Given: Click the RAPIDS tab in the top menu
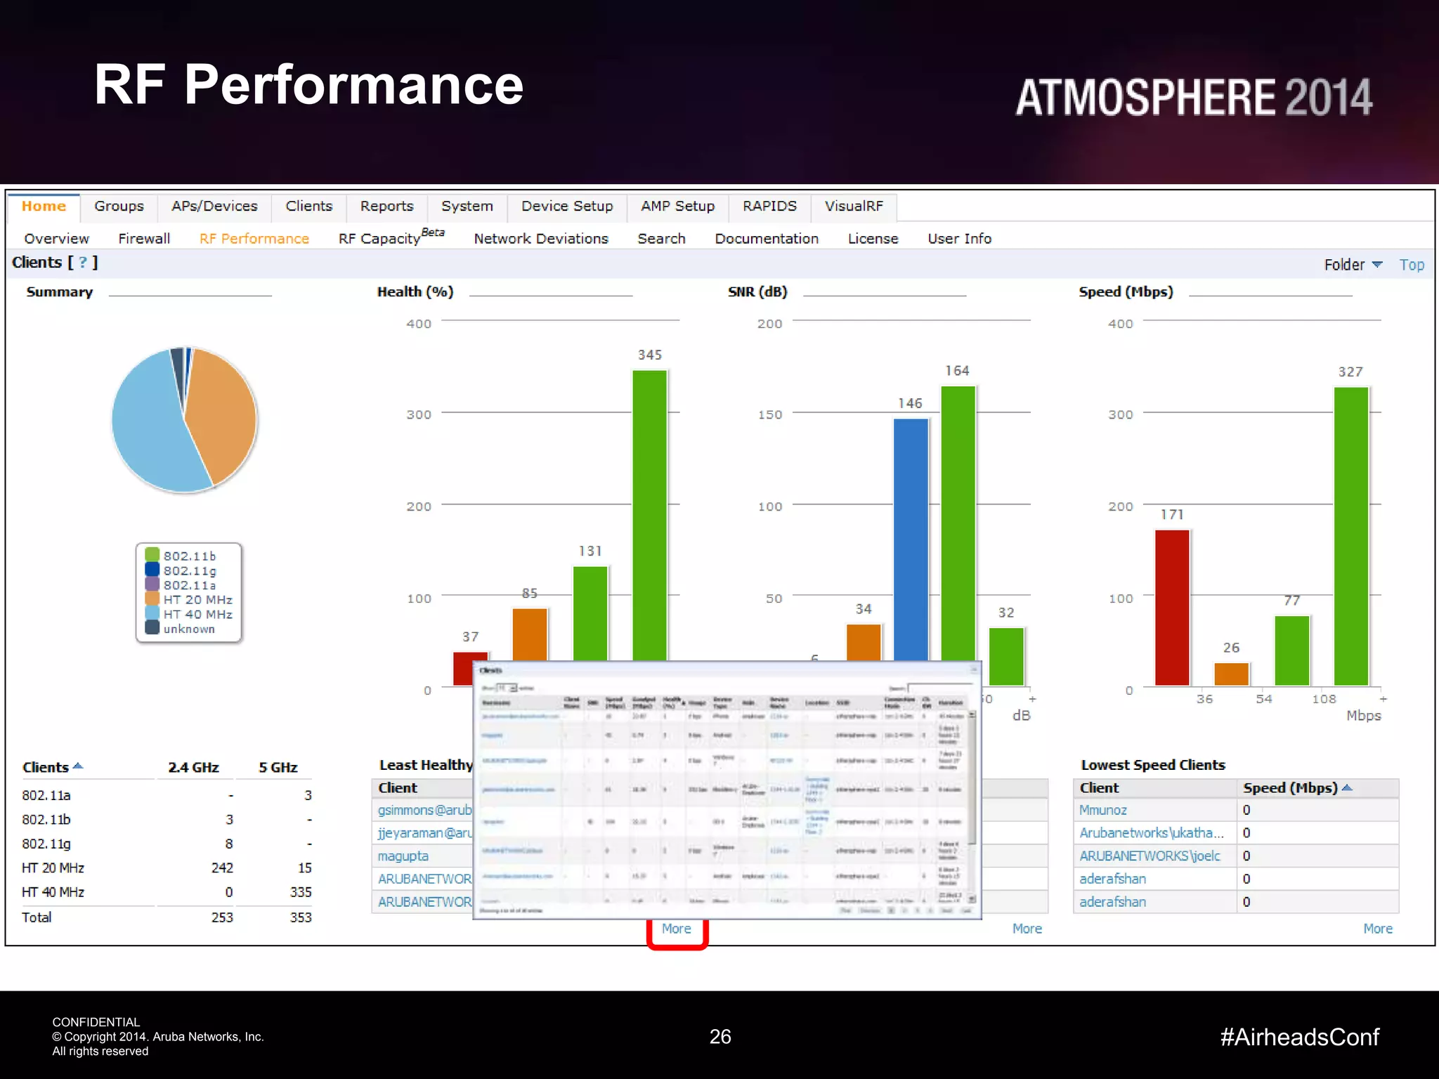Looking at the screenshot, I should (x=769, y=207).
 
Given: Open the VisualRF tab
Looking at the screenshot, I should (x=854, y=207).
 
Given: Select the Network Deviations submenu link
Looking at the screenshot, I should (x=541, y=239).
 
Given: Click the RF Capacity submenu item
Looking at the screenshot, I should (x=379, y=239).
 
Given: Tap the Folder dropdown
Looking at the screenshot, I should (x=1353, y=265).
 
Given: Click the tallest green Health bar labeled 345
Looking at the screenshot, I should (x=649, y=513).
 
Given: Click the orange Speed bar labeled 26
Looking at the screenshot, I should (x=1231, y=674).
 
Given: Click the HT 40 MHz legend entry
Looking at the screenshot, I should (x=197, y=615).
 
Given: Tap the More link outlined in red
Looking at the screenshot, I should (x=677, y=929).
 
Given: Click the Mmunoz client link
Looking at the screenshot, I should (x=1103, y=811).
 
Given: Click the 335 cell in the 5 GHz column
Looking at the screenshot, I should (x=301, y=892).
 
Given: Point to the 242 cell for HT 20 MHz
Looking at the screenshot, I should (x=222, y=868).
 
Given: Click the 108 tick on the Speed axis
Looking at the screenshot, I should (x=1324, y=699).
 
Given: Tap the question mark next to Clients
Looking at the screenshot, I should (x=83, y=263).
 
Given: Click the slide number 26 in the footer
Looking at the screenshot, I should (x=720, y=1037).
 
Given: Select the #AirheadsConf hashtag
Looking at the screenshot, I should (x=1300, y=1038).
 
